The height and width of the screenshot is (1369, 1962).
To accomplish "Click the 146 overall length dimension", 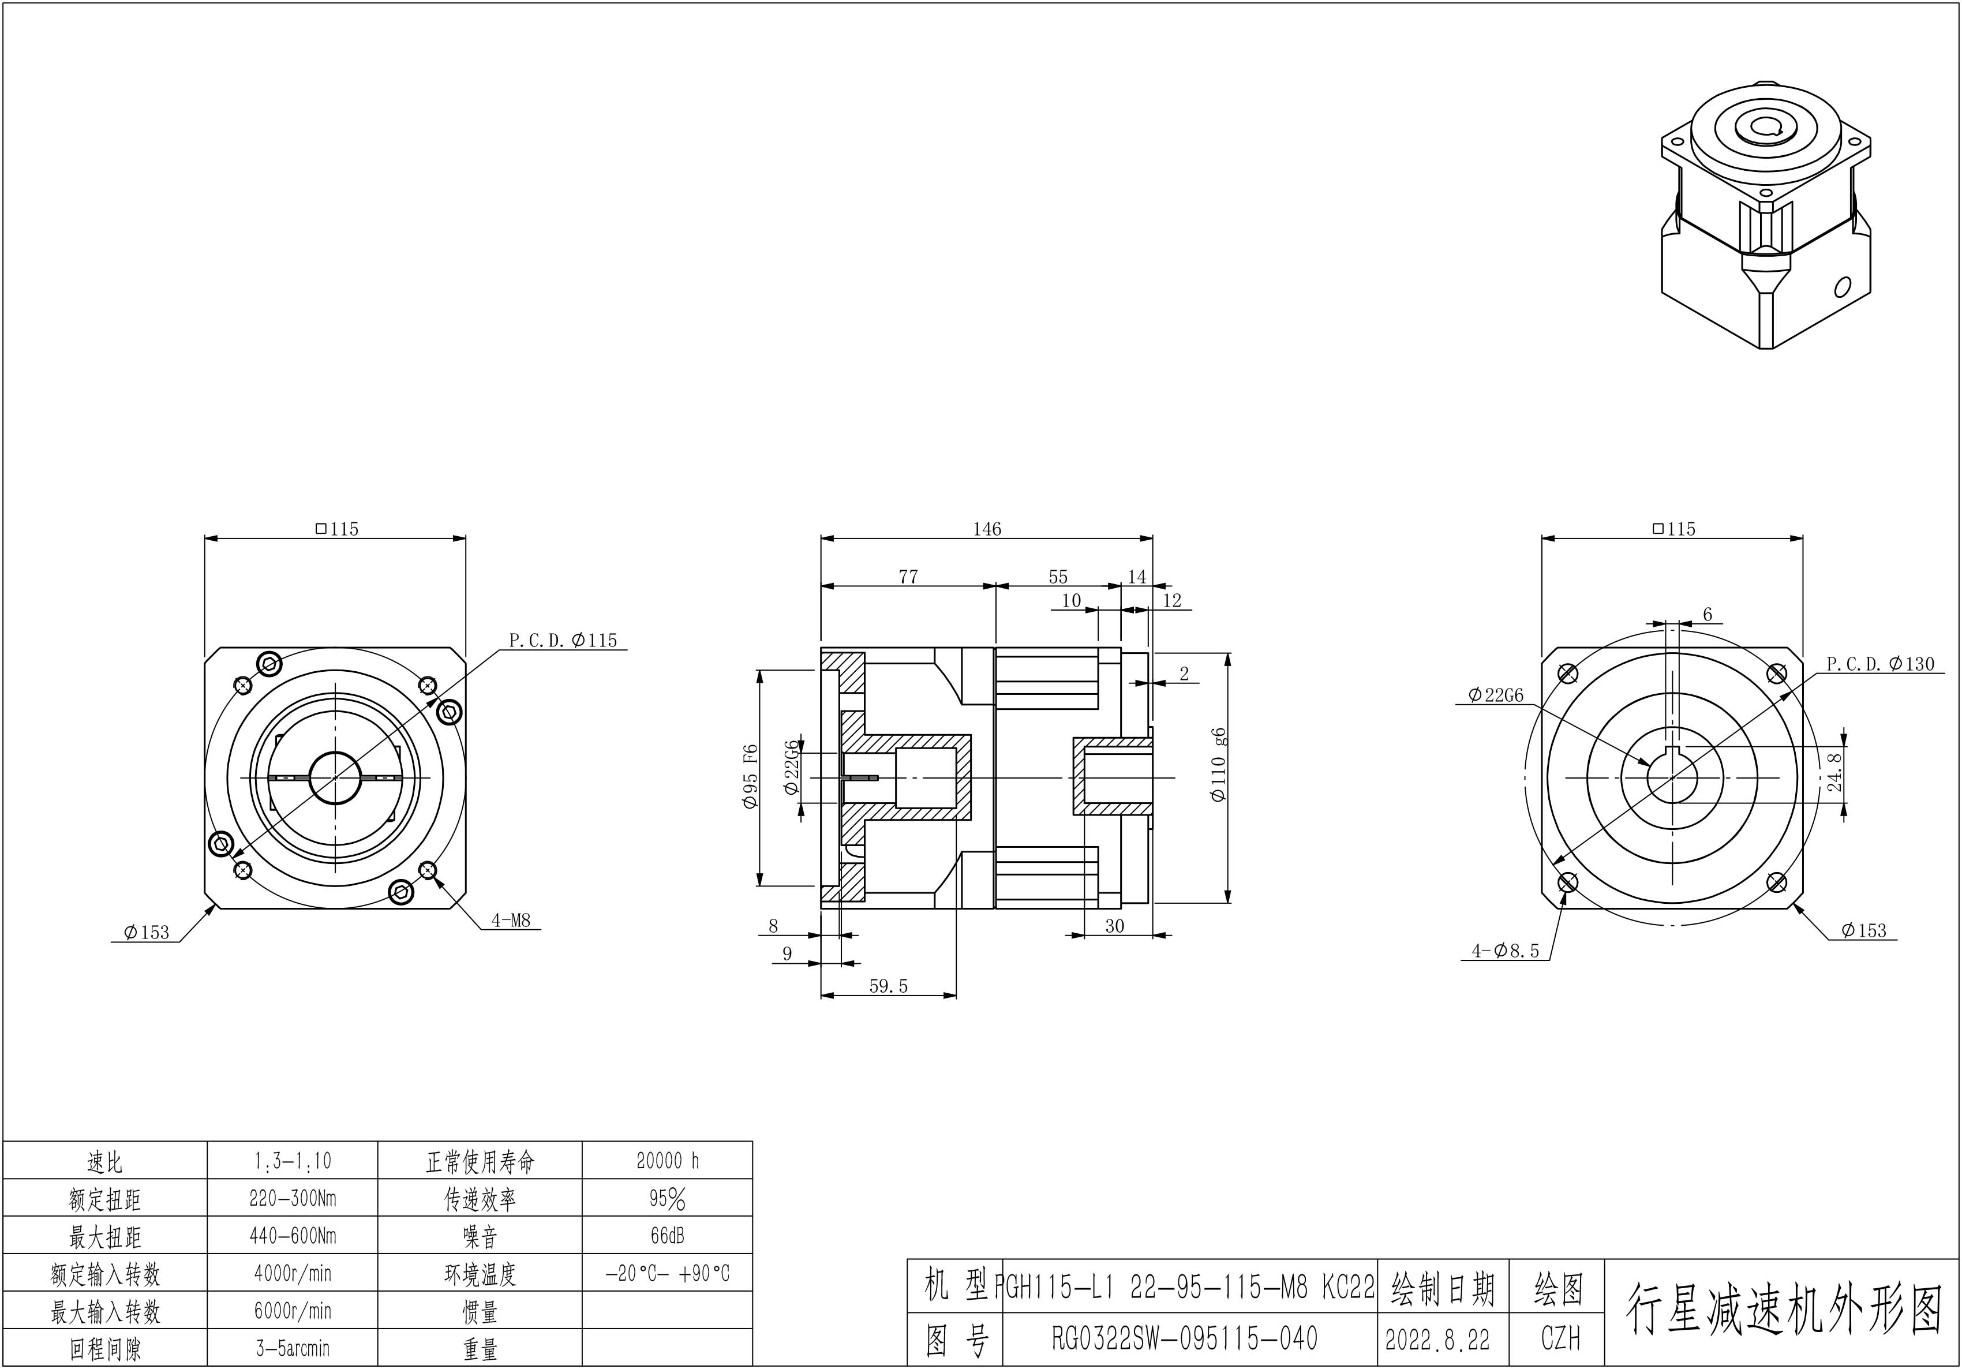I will coord(986,529).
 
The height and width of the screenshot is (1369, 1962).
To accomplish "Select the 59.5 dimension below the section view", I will coord(888,986).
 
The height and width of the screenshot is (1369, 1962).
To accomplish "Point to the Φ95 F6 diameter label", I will coord(750,777).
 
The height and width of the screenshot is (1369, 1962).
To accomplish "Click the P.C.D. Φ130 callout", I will coord(1880,664).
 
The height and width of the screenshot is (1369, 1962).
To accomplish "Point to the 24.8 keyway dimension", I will coord(1834,772).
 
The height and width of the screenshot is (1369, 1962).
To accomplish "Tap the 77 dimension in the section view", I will coord(908,577).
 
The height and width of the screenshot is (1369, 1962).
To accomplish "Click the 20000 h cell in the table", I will coord(668,1161).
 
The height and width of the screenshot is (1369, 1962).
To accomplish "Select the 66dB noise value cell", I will coord(668,1236).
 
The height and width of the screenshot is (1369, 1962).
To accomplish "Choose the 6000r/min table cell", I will coord(292,1311).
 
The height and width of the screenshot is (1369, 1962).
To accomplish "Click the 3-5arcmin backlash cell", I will coord(292,1348).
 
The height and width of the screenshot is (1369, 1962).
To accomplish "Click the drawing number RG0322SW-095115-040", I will coord(1184,1338).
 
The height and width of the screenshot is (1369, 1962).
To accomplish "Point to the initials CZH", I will coord(1560,1338).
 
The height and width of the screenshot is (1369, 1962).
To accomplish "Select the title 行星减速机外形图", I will coord(1783,1309).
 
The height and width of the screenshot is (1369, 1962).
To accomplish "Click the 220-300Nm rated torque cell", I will coord(292,1199).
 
